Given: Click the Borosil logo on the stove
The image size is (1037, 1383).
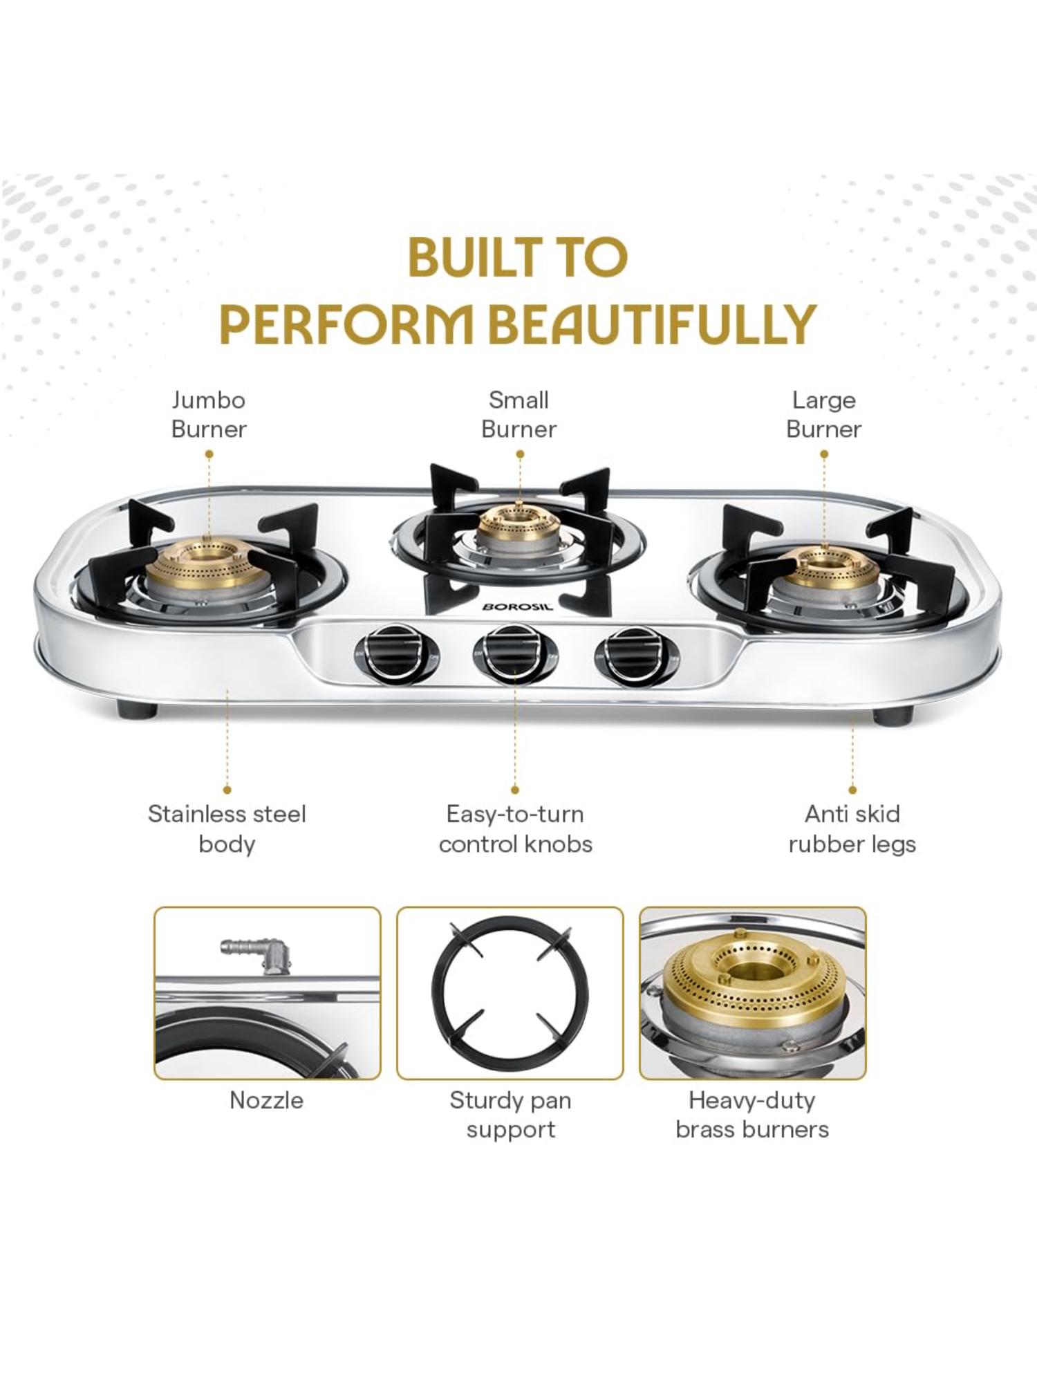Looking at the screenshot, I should (x=518, y=606).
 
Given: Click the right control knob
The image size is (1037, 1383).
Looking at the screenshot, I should (x=635, y=654).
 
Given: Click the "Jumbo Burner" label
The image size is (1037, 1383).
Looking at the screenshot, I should (x=209, y=414).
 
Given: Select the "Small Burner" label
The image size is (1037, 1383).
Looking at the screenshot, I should (x=518, y=414).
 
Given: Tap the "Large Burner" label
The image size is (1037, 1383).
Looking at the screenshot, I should (x=823, y=414).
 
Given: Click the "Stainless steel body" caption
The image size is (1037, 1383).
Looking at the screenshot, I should (x=227, y=828).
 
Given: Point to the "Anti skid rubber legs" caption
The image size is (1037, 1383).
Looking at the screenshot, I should (x=852, y=828).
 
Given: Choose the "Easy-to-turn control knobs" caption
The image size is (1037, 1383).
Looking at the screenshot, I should (x=515, y=828).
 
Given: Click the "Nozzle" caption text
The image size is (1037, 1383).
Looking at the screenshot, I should (x=266, y=1099).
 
